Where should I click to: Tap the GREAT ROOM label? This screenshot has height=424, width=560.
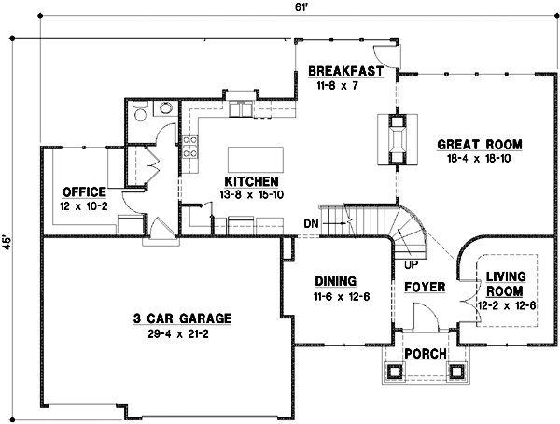coord(479,145)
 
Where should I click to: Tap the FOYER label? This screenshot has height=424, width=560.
coord(425,286)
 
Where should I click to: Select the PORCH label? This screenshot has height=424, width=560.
coord(425,353)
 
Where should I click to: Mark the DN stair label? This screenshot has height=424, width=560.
coord(313,223)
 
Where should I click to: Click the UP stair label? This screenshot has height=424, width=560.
coord(410,264)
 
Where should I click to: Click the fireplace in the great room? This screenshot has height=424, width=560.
coord(397,138)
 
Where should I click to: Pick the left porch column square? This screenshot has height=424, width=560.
coord(394,372)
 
